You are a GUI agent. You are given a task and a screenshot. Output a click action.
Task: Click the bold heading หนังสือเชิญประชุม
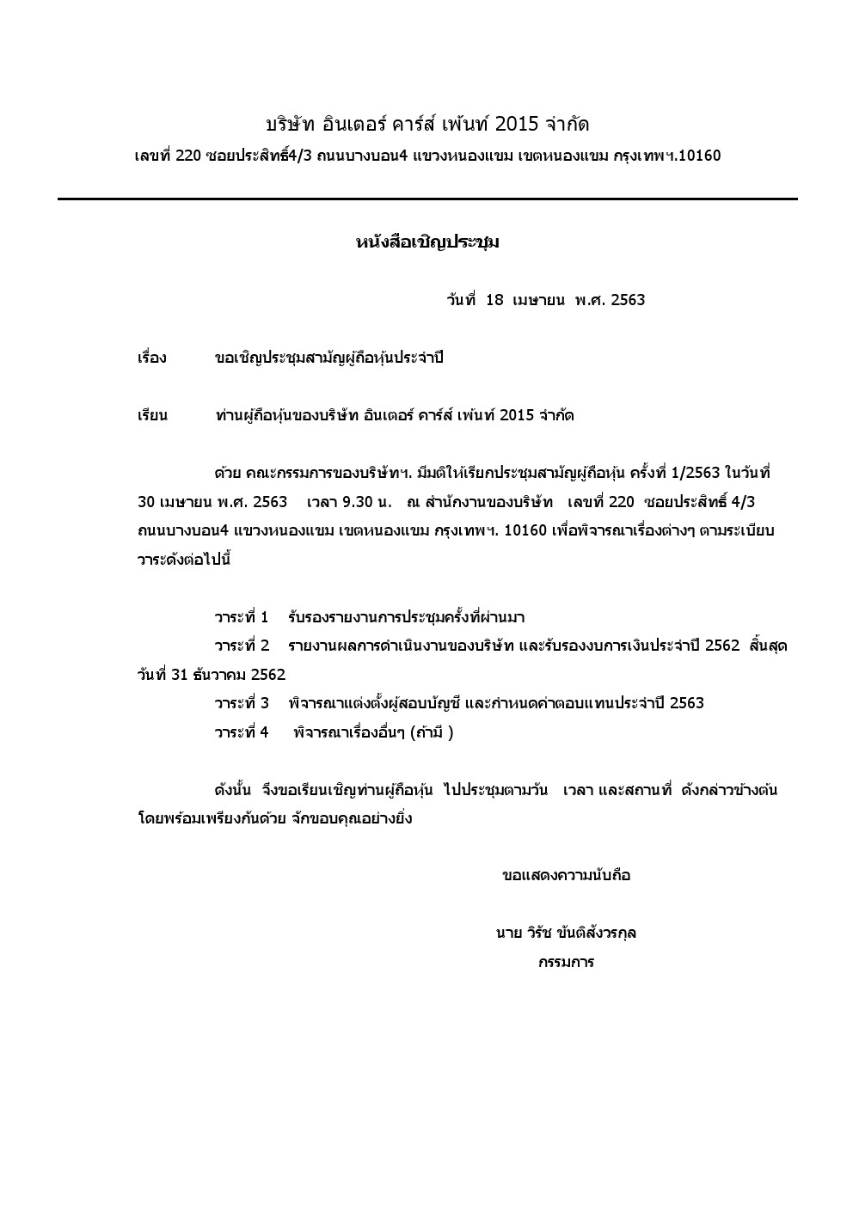427,242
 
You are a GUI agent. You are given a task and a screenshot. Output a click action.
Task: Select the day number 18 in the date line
494,300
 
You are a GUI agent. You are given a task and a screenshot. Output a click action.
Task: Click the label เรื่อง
152,358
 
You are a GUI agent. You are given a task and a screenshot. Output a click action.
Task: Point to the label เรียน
152,416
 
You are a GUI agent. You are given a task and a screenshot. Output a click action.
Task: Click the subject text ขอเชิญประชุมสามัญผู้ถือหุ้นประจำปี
328,358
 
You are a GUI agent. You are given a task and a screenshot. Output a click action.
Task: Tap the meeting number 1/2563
692,474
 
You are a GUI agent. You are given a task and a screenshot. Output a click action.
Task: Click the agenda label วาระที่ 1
242,617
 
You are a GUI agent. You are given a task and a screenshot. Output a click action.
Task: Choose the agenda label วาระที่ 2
242,646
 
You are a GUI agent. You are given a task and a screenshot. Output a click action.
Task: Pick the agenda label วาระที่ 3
242,703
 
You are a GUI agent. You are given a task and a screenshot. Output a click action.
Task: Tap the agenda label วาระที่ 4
242,732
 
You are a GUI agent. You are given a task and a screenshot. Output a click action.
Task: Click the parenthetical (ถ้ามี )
432,732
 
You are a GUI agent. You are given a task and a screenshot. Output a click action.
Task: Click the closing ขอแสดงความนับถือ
566,876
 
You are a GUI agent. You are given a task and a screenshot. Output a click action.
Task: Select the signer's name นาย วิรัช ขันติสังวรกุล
566,933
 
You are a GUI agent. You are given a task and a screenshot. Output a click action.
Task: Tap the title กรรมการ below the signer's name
566,962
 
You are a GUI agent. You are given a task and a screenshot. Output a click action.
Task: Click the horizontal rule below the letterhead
427,199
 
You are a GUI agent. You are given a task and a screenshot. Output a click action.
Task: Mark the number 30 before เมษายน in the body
147,502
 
